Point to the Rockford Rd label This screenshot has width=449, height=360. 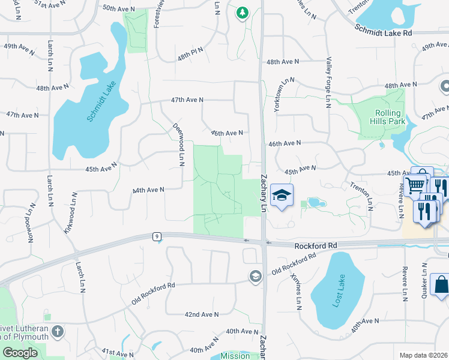pos(316,245)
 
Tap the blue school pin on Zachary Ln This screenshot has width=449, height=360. pos(280,195)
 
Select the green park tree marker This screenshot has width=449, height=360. pos(242,12)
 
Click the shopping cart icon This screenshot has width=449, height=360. pos(415,185)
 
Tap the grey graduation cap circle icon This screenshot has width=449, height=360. pos(255,276)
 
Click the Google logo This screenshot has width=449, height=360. pos(20,352)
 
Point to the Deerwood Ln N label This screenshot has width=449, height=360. pos(179,143)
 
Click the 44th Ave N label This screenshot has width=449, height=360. pos(148,190)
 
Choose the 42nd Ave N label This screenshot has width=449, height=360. pos(201,314)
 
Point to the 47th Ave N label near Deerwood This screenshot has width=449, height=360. pos(187,100)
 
